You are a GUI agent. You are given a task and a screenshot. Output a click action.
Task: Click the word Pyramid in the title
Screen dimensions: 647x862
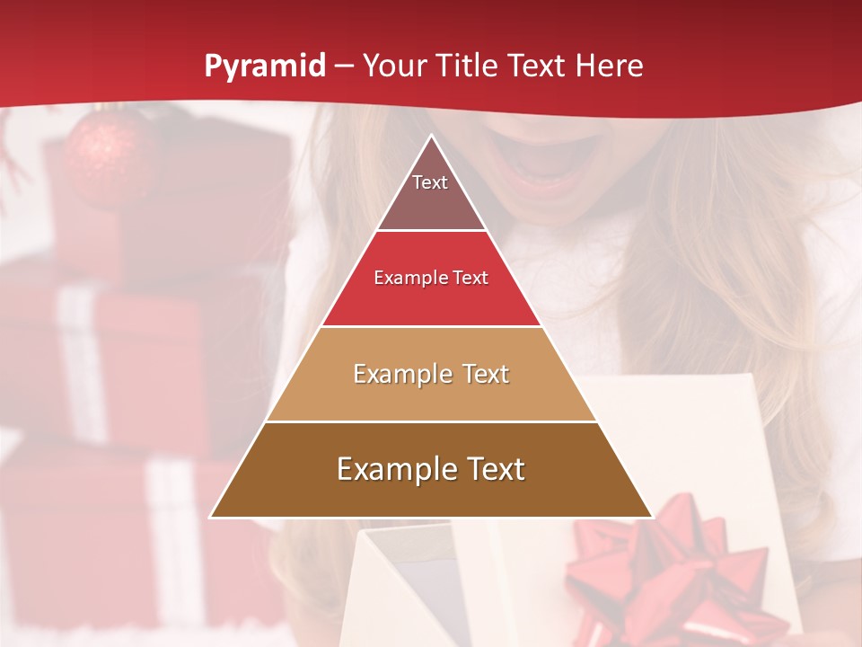(264, 66)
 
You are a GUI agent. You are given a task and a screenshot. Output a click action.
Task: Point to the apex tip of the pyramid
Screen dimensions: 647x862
(431, 137)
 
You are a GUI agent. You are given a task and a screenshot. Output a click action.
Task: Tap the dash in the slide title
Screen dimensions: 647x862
(342, 66)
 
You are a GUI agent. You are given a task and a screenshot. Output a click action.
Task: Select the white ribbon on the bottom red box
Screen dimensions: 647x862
(171, 539)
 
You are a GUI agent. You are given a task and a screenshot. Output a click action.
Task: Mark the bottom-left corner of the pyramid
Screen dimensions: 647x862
(211, 517)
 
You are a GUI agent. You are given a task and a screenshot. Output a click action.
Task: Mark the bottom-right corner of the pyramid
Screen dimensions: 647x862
(651, 517)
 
